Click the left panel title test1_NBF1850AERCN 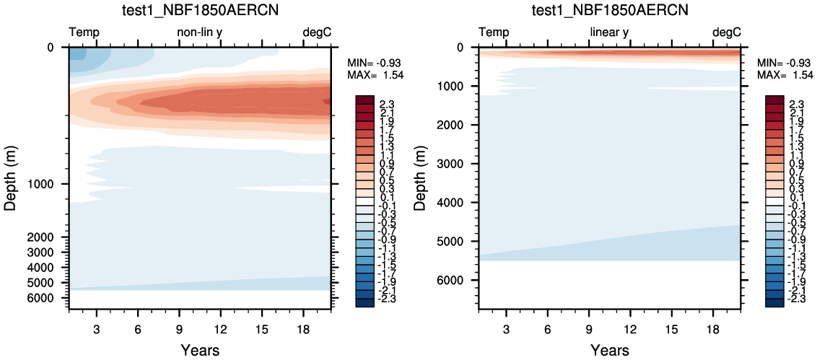200,10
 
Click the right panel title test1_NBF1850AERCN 609,10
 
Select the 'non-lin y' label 200,32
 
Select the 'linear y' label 609,32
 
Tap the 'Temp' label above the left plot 84,33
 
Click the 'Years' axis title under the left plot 200,349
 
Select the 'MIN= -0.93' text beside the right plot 785,63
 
